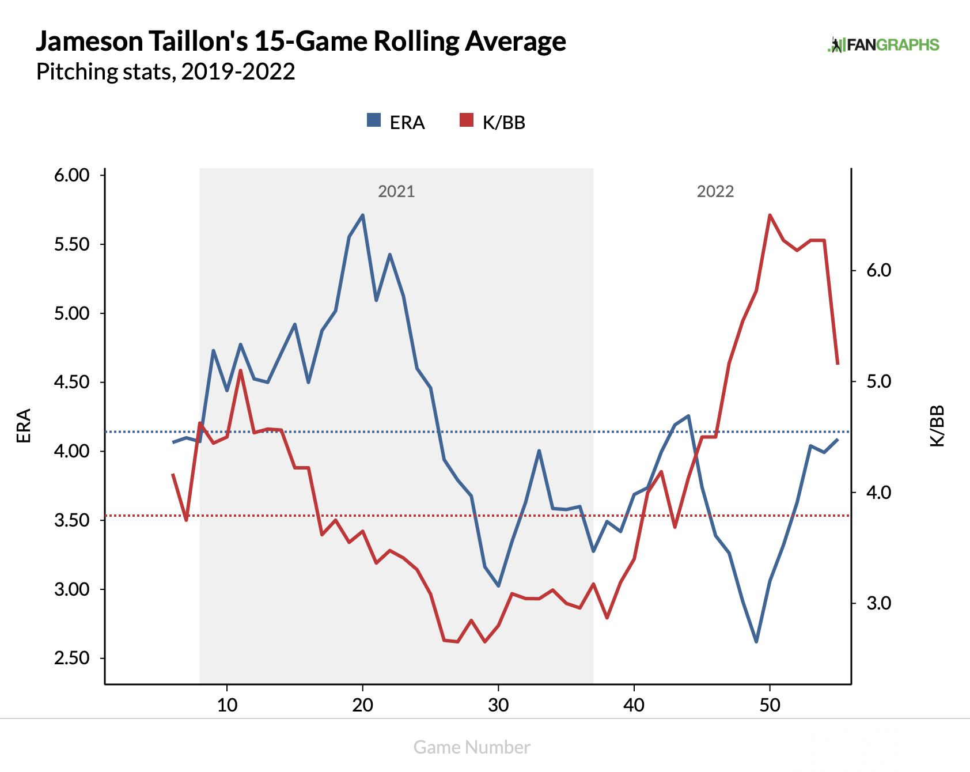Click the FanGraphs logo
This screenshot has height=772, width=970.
pos(883,45)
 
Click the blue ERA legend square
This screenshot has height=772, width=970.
pos(374,120)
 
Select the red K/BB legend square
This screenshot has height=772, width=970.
pos(467,120)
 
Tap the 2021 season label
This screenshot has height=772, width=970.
pos(396,191)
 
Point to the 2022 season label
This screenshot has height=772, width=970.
pos(715,191)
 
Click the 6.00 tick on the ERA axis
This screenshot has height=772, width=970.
pos(72,175)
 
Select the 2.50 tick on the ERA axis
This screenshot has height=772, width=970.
pos(72,658)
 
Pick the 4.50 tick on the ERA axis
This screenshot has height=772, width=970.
pos(72,382)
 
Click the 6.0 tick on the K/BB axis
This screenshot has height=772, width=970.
pos(878,270)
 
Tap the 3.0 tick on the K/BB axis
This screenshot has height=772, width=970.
pos(878,603)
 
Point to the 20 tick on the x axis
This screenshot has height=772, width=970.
pos(363,705)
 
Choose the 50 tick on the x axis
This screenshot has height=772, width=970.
pos(770,705)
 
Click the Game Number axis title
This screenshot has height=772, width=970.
pos(472,747)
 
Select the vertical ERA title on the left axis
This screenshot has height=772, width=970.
pos(24,426)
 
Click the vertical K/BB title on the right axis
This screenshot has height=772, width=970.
pos(937,426)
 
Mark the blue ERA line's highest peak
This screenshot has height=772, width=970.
pos(362,215)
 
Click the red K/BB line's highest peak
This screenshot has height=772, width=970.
pos(770,215)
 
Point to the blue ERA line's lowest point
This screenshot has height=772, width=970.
pos(756,642)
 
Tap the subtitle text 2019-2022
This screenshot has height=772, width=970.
pos(238,71)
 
